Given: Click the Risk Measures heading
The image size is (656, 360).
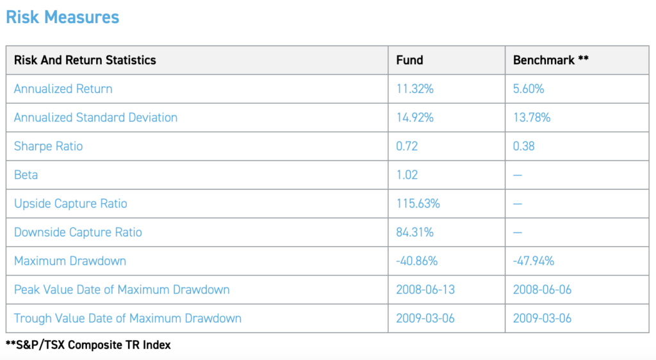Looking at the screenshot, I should [x=62, y=17].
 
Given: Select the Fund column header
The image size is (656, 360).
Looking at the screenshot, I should [x=409, y=60].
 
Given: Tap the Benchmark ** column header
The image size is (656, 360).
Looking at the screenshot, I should [x=550, y=60].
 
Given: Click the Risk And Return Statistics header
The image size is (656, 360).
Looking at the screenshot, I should [x=85, y=60].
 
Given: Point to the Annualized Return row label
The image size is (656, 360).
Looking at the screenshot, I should [x=63, y=89].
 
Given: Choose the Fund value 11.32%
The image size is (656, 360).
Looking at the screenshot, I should [x=414, y=89].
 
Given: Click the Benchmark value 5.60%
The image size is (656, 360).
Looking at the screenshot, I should [x=529, y=89].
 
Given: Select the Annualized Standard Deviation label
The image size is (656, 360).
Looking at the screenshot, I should [x=95, y=117].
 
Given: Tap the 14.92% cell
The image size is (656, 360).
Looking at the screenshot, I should [x=414, y=117].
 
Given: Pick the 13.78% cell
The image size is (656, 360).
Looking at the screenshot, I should [x=531, y=117].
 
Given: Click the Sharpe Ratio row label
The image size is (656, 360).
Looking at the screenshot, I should [x=48, y=146].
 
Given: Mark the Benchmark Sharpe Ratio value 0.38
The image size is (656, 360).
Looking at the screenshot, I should [x=523, y=146].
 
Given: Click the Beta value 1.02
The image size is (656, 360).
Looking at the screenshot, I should [x=407, y=175].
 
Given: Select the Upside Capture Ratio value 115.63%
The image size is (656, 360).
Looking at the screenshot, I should [x=418, y=204].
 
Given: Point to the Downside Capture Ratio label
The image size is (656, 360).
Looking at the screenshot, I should [x=78, y=232].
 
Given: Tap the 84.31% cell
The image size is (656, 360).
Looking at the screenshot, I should [x=414, y=232].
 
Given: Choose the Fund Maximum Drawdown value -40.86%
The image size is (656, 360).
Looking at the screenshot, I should [x=416, y=261].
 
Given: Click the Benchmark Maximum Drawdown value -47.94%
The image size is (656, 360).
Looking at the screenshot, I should [x=533, y=261].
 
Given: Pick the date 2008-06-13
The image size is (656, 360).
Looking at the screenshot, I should [x=425, y=290].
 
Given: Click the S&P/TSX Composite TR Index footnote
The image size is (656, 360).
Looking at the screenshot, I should [x=88, y=345].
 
